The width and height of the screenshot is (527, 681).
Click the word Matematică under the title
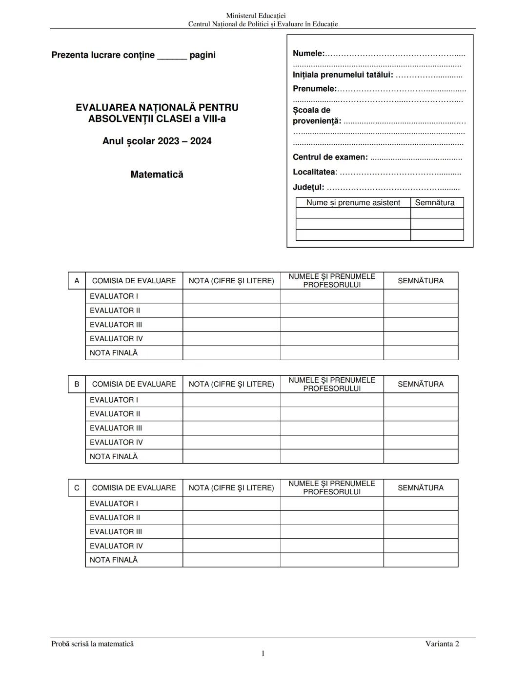pyautogui.click(x=157, y=175)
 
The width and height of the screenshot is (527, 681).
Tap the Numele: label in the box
pyautogui.click(x=308, y=54)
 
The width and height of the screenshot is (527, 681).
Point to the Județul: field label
pyautogui.click(x=308, y=187)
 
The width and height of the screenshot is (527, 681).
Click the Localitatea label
pyautogui.click(x=314, y=172)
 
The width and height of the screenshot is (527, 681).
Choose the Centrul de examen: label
pyautogui.click(x=330, y=157)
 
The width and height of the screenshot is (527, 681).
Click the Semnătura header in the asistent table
pyautogui.click(x=434, y=203)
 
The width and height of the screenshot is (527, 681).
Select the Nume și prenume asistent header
pyautogui.click(x=353, y=203)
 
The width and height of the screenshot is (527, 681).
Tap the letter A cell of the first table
pyautogui.click(x=77, y=281)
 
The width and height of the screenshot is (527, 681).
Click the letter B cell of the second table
pyautogui.click(x=77, y=384)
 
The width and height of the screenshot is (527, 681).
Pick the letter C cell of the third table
pyautogui.click(x=77, y=487)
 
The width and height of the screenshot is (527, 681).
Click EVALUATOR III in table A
pyautogui.click(x=116, y=325)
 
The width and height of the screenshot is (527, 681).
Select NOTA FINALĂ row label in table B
pyautogui.click(x=114, y=456)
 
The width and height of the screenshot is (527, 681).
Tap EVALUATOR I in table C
pyautogui.click(x=114, y=504)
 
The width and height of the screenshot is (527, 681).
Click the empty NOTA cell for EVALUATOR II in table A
pyautogui.click(x=231, y=311)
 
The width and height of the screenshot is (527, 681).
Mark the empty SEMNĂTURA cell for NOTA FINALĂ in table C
pyautogui.click(x=421, y=560)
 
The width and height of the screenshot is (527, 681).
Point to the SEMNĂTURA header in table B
pyautogui.click(x=421, y=384)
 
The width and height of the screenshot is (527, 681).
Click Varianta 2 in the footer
pyautogui.click(x=442, y=643)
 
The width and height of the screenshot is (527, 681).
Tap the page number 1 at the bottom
pyautogui.click(x=263, y=653)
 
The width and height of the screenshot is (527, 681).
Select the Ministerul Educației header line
pyautogui.click(x=256, y=16)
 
